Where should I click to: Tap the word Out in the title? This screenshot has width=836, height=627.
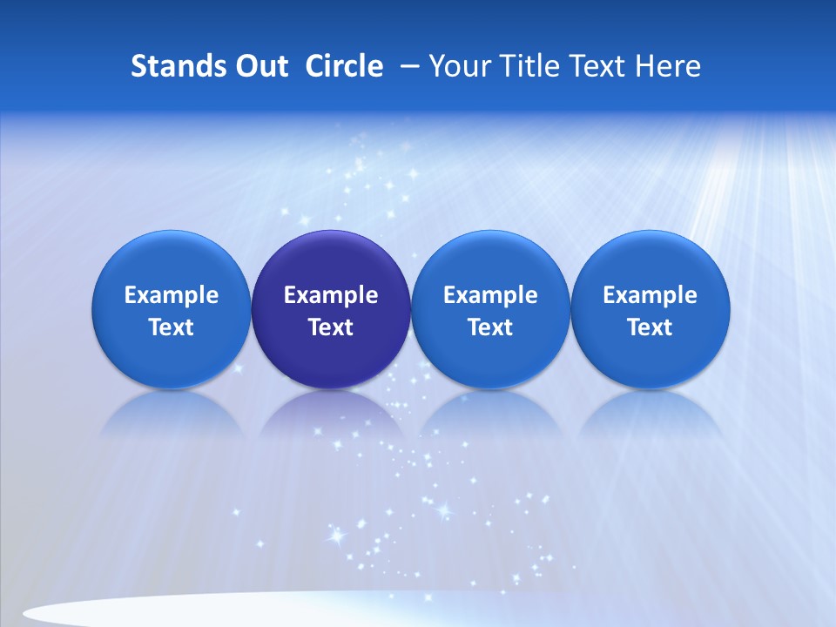[259, 66]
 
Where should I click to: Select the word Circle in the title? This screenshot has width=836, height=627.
[344, 66]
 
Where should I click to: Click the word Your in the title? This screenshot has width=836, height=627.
[458, 67]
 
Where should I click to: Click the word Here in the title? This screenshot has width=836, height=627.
[668, 66]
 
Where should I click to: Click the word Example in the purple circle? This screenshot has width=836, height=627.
[331, 295]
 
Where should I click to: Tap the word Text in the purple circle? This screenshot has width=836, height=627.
[331, 327]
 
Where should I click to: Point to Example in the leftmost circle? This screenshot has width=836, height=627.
[172, 295]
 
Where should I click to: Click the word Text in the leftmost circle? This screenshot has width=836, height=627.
[172, 327]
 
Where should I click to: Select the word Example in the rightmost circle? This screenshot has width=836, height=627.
[651, 295]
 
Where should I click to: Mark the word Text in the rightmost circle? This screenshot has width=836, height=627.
[651, 327]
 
